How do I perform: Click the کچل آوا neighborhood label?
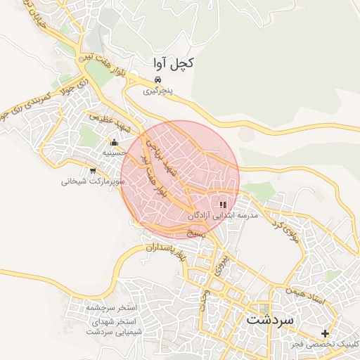(173, 63)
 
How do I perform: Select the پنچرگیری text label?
(157, 91)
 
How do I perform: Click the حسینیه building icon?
(115, 143)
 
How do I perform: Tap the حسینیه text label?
(115, 153)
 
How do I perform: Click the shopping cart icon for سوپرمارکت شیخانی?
(93, 171)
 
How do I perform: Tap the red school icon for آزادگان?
(224, 204)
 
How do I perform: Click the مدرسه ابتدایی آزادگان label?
(223, 214)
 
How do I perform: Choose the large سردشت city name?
(273, 319)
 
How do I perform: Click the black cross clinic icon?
(325, 333)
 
